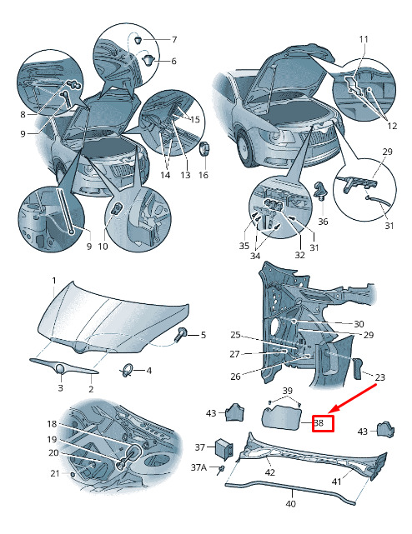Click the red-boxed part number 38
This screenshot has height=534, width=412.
tap(319, 423)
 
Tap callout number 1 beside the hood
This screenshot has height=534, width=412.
tap(54, 281)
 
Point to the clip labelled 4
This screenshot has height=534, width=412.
tap(128, 371)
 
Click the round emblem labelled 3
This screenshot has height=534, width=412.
tap(60, 370)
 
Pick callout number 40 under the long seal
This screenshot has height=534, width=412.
tap(290, 503)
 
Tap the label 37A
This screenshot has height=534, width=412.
tap(198, 467)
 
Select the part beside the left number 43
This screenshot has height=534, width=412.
tap(236, 412)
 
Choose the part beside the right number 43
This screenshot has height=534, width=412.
tap(385, 430)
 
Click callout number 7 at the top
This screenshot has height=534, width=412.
tap(174, 39)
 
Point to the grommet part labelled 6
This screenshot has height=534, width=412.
tap(148, 61)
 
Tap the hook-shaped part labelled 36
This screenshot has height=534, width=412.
tap(320, 191)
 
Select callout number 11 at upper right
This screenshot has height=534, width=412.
tap(364, 39)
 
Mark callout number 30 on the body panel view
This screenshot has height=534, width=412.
tap(359, 323)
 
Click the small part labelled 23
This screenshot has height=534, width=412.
tap(358, 368)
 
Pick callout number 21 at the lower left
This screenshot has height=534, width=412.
tap(55, 473)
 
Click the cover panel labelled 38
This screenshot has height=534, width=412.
tap(281, 418)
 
